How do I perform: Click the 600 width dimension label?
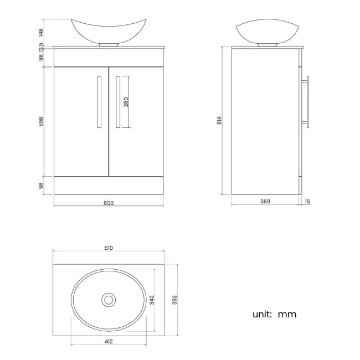tap(109, 203)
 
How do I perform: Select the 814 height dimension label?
tap(219, 120)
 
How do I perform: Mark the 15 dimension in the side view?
tap(307, 202)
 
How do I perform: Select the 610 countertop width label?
tap(109, 247)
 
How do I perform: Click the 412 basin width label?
tap(109, 342)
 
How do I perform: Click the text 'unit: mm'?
tap(274, 315)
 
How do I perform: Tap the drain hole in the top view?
tap(109, 300)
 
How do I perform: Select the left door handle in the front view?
tap(99, 102)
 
